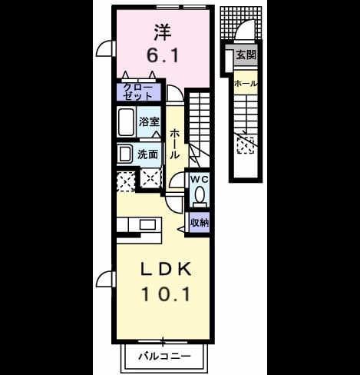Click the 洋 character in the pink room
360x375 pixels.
tap(163, 32)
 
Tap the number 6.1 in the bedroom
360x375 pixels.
tap(163, 55)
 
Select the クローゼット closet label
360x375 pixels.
tap(137, 91)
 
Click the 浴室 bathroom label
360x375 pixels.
tap(149, 122)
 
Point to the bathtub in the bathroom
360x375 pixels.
tap(126, 122)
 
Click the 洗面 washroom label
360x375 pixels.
tap(147, 154)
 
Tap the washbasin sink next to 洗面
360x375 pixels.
tap(124, 154)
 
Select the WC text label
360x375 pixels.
tap(200, 180)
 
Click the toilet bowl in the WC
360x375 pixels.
tap(200, 194)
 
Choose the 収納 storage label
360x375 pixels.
tap(200, 223)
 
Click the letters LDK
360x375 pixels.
tap(166, 269)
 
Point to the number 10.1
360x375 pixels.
tap(166, 294)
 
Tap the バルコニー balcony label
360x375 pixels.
tap(164, 356)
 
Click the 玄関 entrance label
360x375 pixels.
tap(246, 55)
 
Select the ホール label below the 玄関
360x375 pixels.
tap(246, 84)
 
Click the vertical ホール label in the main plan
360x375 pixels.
tap(174, 144)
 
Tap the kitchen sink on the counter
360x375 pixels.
tap(147, 224)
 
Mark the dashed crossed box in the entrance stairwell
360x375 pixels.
tap(246, 145)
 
